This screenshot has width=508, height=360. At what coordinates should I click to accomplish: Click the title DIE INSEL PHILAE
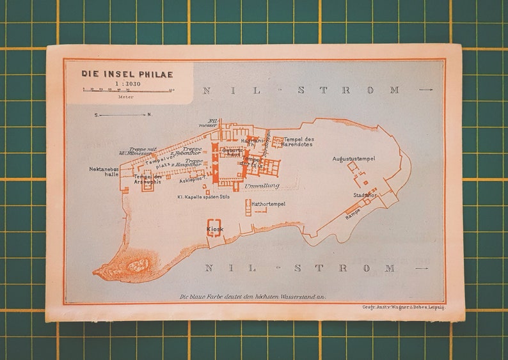(x=127, y=74)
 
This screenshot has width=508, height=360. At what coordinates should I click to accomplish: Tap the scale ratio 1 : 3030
(x=127, y=84)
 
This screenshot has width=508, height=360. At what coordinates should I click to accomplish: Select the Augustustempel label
(x=354, y=158)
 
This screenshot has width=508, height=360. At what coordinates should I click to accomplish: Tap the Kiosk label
(x=214, y=229)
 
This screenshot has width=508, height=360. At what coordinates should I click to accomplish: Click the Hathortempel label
(x=269, y=204)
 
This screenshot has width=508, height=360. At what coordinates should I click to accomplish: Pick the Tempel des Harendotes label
(x=298, y=142)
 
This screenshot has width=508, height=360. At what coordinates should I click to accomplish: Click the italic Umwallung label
(x=262, y=185)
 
